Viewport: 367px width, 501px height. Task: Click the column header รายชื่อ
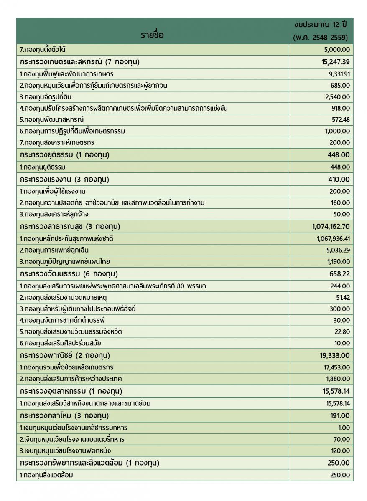point(152,35)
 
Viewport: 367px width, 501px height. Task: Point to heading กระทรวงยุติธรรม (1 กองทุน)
point(64,155)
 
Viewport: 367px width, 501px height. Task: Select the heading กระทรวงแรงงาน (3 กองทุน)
point(64,179)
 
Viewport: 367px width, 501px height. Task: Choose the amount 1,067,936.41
point(333,239)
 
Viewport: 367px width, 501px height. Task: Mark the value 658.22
point(339,274)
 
